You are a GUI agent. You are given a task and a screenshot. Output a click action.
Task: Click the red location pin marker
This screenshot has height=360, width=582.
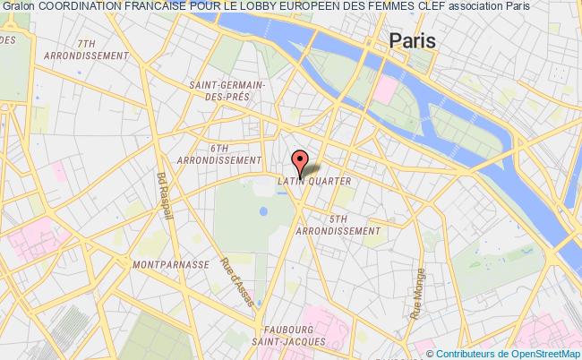point(300,162)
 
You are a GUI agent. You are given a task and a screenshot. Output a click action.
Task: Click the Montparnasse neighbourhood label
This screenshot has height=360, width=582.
point(169,265)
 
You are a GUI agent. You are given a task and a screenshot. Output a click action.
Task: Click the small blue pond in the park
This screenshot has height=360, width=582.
point(263,212)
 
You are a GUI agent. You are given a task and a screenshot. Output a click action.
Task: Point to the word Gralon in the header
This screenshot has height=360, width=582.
point(19,6)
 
